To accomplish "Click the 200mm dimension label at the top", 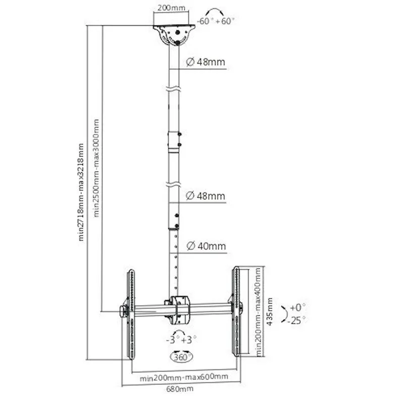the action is click(171, 8).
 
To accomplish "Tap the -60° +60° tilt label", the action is click(216, 21).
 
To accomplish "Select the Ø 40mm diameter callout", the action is click(206, 246).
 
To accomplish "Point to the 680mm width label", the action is click(180, 388).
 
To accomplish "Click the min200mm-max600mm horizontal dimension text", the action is click(184, 377).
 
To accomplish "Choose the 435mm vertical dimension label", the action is click(270, 312).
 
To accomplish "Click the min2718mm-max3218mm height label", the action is click(81, 192).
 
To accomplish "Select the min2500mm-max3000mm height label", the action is click(96, 168).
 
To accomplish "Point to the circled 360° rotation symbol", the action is click(182, 357).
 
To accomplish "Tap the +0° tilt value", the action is click(297, 307).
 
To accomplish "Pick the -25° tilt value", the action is click(296, 320).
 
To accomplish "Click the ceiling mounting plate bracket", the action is click(174, 35).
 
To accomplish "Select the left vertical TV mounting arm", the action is click(131, 314).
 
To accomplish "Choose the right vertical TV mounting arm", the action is click(236, 312).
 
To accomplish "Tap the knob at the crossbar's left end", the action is click(123, 312).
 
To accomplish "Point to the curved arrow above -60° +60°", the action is click(214, 12).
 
